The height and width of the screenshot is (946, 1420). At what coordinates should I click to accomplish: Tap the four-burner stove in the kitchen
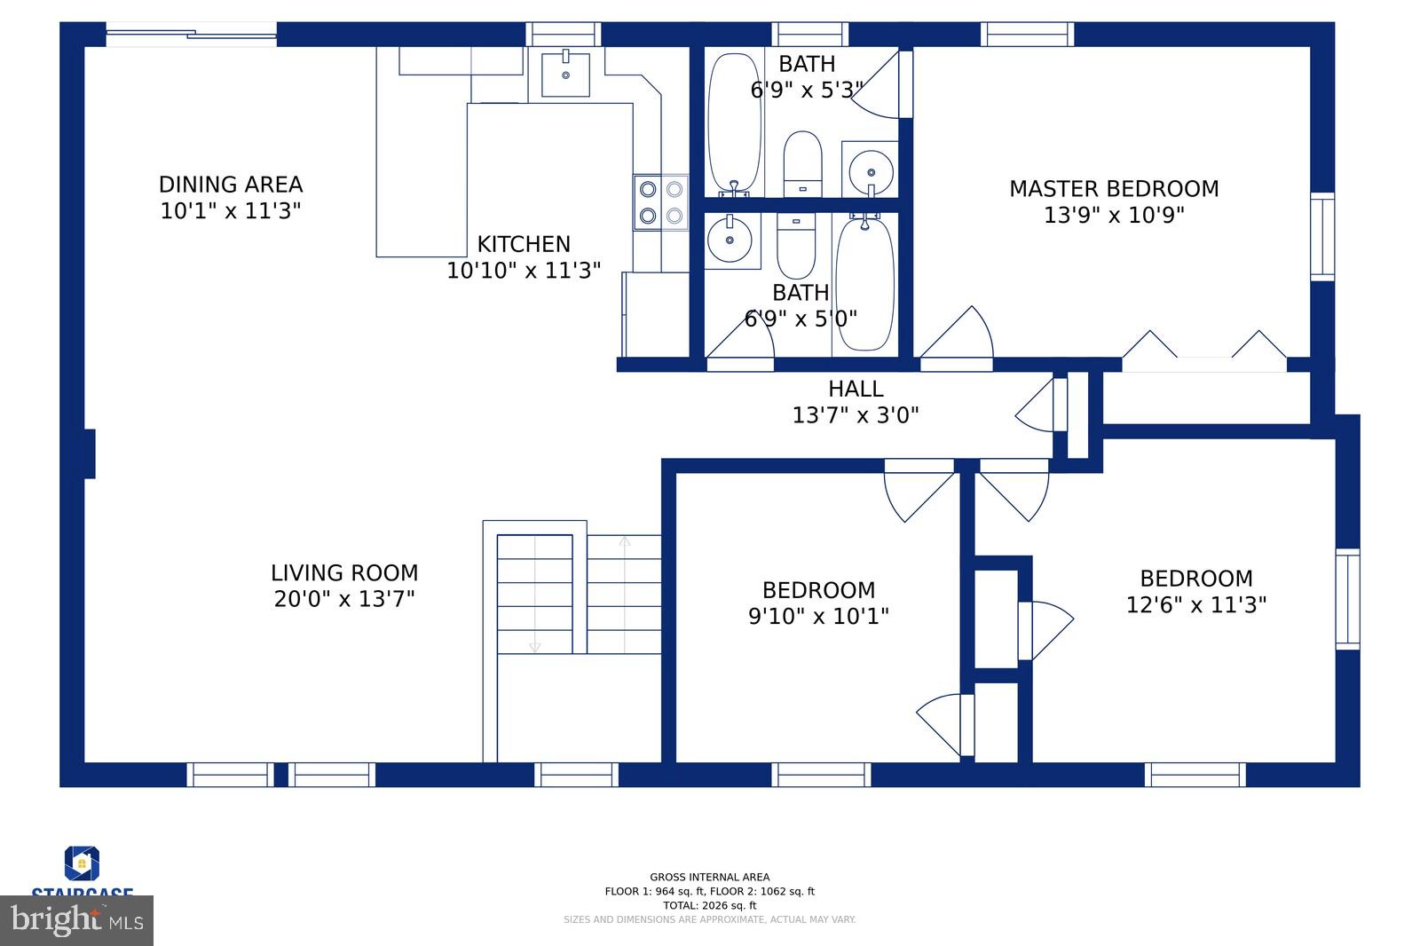point(660,202)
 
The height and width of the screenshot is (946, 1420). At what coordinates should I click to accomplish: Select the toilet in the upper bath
point(802,165)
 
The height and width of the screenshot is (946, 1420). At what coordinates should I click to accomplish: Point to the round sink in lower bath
point(730,240)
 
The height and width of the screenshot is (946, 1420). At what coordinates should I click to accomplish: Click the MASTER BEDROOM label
point(1113,188)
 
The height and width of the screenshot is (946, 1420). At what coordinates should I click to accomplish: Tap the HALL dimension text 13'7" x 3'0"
point(855,414)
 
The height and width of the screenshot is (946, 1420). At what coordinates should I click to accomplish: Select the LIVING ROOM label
point(344,572)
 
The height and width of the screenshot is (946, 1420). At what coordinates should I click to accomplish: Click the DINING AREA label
point(231,185)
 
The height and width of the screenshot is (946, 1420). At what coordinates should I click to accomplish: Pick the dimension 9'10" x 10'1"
point(818,616)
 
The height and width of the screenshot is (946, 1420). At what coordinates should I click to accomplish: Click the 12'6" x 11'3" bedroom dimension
point(1195,604)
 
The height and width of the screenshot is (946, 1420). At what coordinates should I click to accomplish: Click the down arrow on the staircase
point(534,648)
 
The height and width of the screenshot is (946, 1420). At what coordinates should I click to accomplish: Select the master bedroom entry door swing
point(958,337)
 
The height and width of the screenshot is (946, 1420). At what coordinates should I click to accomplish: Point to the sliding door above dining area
point(192,35)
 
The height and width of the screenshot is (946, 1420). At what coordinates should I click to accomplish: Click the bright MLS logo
point(77,920)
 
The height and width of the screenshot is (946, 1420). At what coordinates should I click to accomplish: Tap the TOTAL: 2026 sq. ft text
point(709,905)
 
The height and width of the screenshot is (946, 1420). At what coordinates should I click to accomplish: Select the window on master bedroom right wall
point(1321,237)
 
